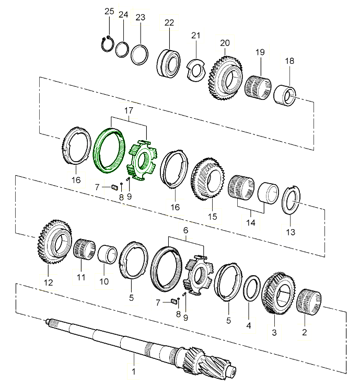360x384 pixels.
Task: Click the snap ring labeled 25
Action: click(107, 43)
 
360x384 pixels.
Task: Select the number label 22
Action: click(169, 23)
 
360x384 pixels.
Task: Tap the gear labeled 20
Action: click(226, 78)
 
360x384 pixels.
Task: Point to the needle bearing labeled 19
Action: click(258, 86)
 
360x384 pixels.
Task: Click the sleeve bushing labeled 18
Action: click(284, 95)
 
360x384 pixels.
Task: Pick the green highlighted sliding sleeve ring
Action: click(109, 150)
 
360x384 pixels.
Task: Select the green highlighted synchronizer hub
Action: click(142, 160)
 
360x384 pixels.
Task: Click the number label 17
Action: click(129, 110)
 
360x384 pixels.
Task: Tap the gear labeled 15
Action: click(207, 179)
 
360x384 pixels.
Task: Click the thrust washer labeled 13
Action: click(291, 200)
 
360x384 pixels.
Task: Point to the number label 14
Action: click(251, 223)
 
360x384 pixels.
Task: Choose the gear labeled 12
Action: click(55, 242)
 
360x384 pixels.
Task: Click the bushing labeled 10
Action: click(108, 254)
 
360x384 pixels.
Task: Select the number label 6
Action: click(185, 230)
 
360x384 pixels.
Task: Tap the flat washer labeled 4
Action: click(252, 288)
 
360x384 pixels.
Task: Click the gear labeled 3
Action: click(278, 293)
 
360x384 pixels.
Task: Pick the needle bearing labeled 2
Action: click(309, 302)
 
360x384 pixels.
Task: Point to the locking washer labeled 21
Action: click(196, 70)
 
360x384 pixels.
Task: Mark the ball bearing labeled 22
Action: click(169, 63)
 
